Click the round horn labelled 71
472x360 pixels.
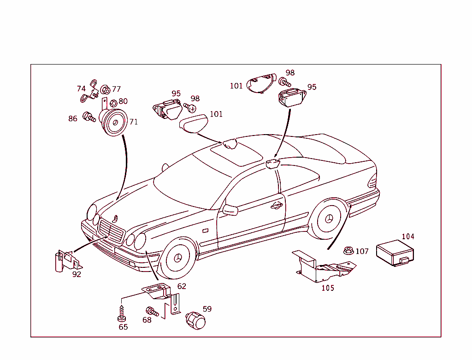114,124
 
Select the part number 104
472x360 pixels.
408,236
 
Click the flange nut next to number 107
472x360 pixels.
348,251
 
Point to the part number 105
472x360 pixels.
328,288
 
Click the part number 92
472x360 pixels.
77,274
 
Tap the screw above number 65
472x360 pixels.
122,312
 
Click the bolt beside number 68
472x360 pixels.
152,312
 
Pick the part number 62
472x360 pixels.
182,286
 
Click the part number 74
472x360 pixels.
81,89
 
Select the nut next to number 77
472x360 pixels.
105,89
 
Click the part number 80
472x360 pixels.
123,101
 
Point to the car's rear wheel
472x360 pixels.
329,218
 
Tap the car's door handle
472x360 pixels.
277,205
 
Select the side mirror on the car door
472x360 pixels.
230,210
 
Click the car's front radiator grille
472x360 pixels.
111,230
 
